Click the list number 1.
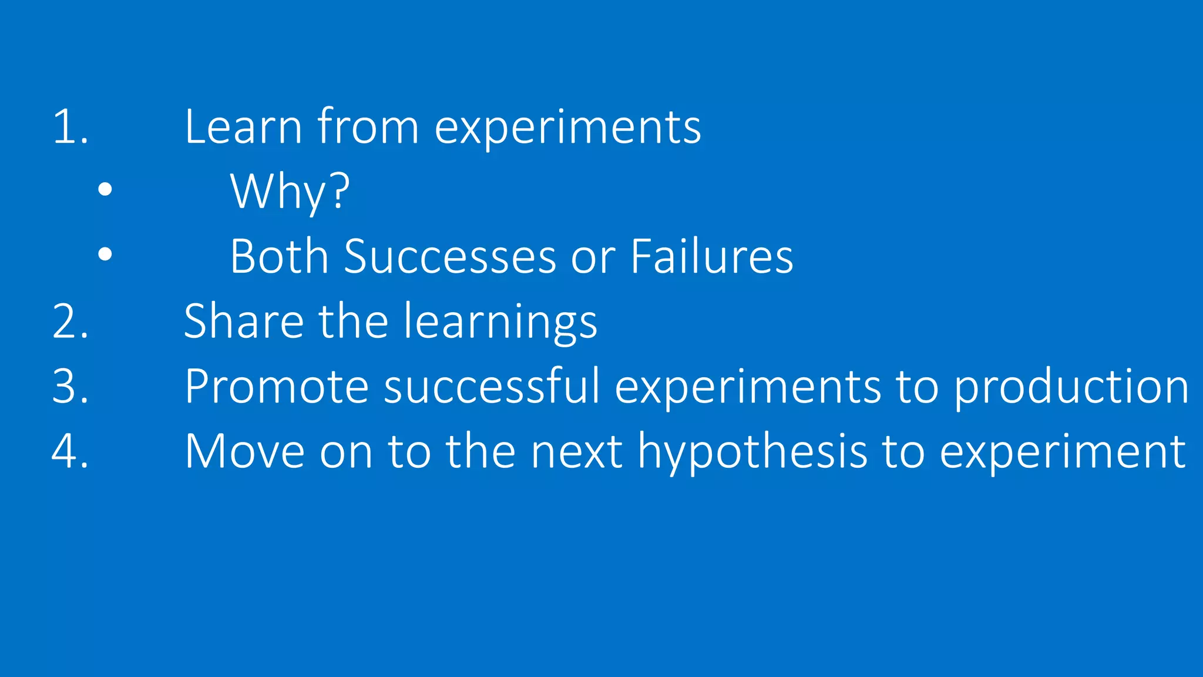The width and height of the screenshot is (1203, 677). click(69, 127)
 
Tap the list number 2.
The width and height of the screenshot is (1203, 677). click(69, 322)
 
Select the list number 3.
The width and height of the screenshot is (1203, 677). click(69, 387)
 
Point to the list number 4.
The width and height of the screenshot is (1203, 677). click(69, 451)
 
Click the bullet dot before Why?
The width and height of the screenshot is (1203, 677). click(105, 189)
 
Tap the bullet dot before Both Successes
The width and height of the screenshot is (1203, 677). click(105, 254)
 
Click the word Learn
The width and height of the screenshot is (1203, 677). click(243, 127)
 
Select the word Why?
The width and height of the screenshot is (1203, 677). click(290, 192)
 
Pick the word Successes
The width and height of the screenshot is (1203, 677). click(449, 257)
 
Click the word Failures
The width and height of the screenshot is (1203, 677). click(711, 257)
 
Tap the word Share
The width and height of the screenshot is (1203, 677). click(243, 322)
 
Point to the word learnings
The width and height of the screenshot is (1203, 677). click(500, 322)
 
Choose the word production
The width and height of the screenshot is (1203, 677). click(1071, 387)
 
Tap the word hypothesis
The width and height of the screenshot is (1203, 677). click(752, 451)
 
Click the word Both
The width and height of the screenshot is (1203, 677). click(279, 257)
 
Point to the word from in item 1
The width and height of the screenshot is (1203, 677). click(368, 127)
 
